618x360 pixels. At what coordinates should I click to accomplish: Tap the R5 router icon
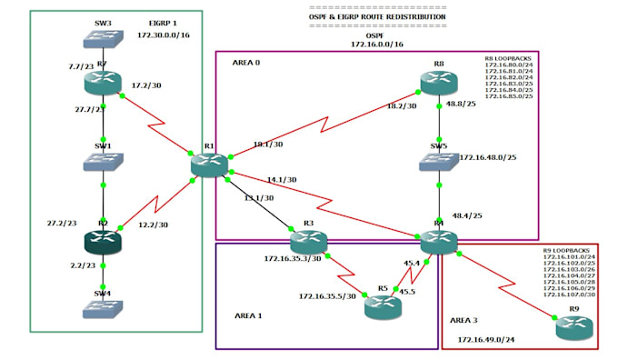click(x=382, y=307)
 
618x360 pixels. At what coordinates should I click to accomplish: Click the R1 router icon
click(x=210, y=165)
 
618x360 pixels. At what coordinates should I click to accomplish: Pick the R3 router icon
click(x=308, y=242)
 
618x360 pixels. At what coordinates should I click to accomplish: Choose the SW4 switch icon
click(x=103, y=309)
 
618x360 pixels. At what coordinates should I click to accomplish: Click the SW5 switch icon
click(x=440, y=163)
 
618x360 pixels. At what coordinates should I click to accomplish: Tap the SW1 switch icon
click(x=103, y=163)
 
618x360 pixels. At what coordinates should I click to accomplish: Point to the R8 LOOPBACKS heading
click(x=510, y=58)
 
